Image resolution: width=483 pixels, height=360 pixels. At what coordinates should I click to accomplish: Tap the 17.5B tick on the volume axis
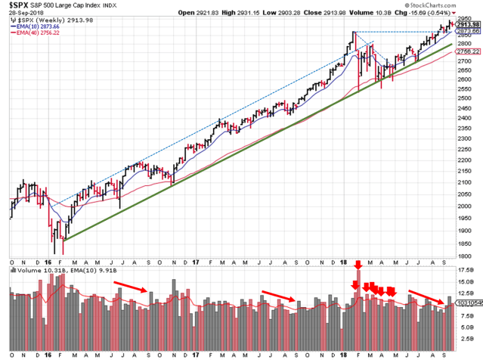[x=468, y=269]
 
